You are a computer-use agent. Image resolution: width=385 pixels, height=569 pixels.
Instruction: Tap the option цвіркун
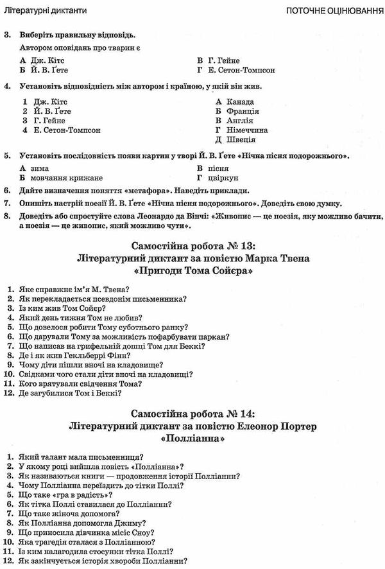point(224,177)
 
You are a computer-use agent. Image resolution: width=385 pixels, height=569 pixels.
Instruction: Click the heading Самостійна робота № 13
point(193,246)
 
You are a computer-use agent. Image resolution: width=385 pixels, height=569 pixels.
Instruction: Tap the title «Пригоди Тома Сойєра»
point(193,272)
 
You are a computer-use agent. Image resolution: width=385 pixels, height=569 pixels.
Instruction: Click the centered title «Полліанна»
point(193,440)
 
